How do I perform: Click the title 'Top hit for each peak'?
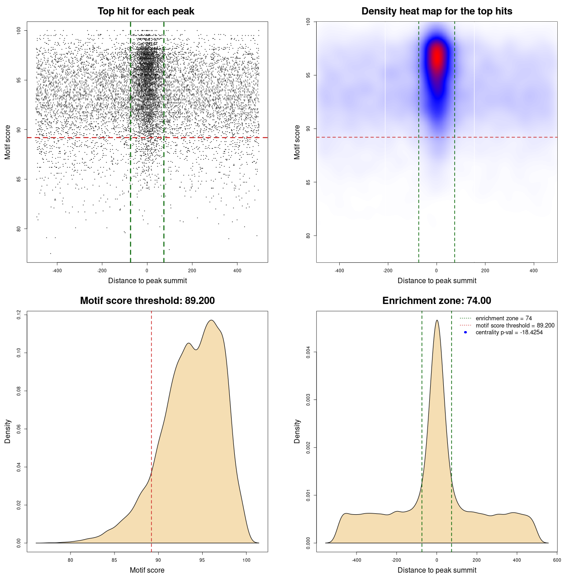(x=146, y=11)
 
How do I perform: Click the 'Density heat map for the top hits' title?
(x=437, y=11)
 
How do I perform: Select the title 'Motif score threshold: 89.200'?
(x=147, y=301)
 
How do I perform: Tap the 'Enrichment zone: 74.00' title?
(x=437, y=301)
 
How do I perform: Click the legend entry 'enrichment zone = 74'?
(x=503, y=318)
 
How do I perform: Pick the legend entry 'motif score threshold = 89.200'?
(x=515, y=325)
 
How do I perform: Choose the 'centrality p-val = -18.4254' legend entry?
(x=509, y=332)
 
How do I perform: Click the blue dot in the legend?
(x=465, y=332)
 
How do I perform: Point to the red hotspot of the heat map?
(x=437, y=57)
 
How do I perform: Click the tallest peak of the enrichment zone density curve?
(x=437, y=321)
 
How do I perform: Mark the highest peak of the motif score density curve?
(x=211, y=321)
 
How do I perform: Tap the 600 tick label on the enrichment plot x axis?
(x=557, y=560)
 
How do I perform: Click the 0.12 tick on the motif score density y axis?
(x=19, y=314)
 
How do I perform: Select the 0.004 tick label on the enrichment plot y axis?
(x=308, y=352)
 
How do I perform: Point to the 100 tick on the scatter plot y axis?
(x=19, y=30)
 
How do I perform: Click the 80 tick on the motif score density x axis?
(x=71, y=560)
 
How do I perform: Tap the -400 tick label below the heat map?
(x=339, y=271)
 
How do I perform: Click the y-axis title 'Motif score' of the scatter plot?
(x=8, y=142)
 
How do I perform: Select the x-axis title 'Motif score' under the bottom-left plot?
(x=147, y=570)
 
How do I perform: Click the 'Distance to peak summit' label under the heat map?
(x=437, y=280)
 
